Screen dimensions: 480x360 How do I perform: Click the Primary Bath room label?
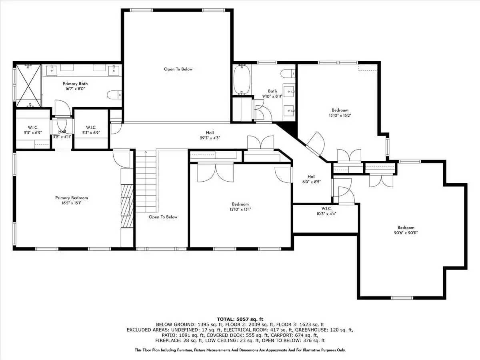(x=75, y=84)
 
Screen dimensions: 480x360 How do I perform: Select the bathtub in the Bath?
(x=242, y=80)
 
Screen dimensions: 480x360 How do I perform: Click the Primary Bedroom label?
(x=72, y=198)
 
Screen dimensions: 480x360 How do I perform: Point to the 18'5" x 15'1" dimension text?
(x=72, y=203)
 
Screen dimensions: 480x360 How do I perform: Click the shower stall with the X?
(x=29, y=86)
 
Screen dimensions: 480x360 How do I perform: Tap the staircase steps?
(x=146, y=182)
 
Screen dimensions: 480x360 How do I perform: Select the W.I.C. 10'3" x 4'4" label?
(x=326, y=211)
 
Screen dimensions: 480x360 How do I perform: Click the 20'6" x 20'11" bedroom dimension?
(x=406, y=233)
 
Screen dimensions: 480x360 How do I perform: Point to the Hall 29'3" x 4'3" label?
(x=210, y=135)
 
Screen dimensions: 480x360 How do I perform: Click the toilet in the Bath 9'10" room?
(x=288, y=74)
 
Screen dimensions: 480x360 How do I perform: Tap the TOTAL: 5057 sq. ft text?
(x=240, y=319)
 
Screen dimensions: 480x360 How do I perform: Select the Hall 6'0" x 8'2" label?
(x=311, y=179)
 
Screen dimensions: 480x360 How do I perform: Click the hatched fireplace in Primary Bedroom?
(x=127, y=206)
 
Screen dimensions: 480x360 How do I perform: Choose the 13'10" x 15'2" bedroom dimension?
(x=340, y=116)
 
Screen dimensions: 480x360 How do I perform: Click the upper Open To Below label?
(x=178, y=69)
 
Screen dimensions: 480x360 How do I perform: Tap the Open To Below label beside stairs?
(x=163, y=217)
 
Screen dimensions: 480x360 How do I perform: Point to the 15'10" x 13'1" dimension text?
(x=240, y=209)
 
